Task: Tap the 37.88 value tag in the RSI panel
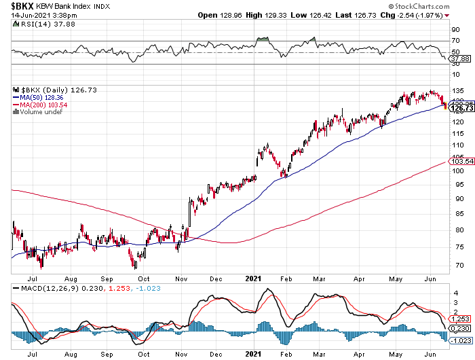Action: [459, 58]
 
